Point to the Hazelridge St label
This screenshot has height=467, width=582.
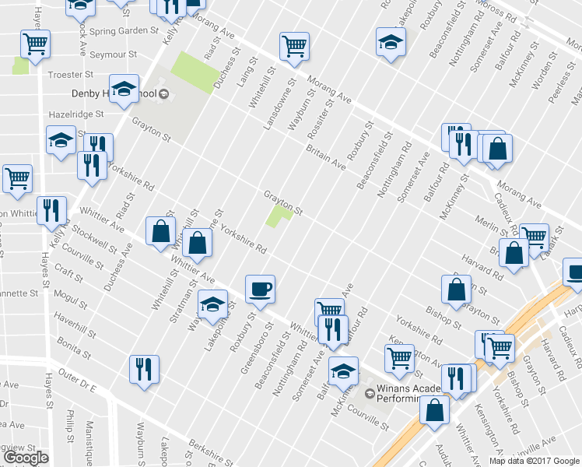75,114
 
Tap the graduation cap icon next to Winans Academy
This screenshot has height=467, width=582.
343,372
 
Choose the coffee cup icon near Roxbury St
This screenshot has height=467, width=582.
260,290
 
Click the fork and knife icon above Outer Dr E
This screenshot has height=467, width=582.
144,369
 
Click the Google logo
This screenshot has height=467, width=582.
26,458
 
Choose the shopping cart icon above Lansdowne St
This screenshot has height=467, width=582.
294,47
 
